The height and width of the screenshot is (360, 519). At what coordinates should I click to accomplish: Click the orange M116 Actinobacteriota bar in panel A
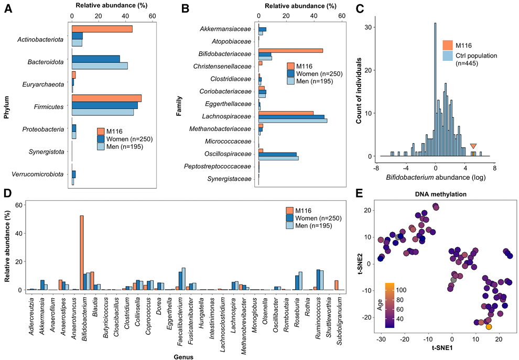point(102,29)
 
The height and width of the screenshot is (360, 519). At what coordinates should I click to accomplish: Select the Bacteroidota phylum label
point(46,62)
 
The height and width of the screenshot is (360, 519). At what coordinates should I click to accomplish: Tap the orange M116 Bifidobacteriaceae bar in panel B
point(290,50)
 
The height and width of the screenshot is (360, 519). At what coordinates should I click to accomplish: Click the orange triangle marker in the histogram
point(473,146)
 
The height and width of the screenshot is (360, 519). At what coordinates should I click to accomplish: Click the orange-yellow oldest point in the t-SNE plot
point(489,326)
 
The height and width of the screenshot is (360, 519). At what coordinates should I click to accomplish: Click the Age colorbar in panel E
point(390,306)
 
